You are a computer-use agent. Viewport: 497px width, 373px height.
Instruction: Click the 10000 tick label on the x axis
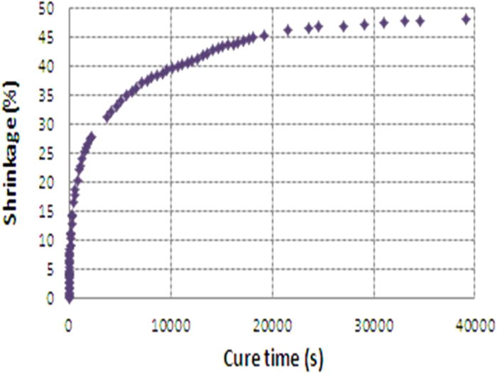170,325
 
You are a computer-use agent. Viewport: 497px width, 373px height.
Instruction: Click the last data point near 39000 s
466,19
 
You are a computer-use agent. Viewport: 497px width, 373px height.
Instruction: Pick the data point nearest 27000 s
344,26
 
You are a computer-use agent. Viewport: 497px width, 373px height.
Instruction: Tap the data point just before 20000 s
264,35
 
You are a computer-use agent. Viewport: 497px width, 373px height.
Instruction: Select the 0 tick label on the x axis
69,325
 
